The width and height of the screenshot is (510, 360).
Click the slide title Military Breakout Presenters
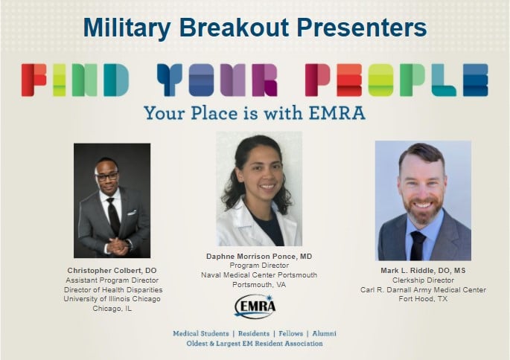(x=255, y=27)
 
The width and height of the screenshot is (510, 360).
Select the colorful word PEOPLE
(x=396, y=80)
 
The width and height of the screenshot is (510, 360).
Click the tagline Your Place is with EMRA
(x=255, y=113)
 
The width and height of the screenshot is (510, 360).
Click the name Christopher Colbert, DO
(x=112, y=269)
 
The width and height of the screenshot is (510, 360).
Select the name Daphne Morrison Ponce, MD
(x=259, y=256)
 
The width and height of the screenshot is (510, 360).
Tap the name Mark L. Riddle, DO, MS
(x=423, y=270)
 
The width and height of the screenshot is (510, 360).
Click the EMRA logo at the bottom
(x=255, y=306)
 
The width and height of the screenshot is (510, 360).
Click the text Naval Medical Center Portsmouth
(x=259, y=275)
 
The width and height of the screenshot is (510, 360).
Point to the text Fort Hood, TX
(x=423, y=299)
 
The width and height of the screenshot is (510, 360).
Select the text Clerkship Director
(x=423, y=280)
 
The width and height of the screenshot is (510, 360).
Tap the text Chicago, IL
(x=112, y=309)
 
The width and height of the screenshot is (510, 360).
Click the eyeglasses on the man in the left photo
(x=107, y=176)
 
